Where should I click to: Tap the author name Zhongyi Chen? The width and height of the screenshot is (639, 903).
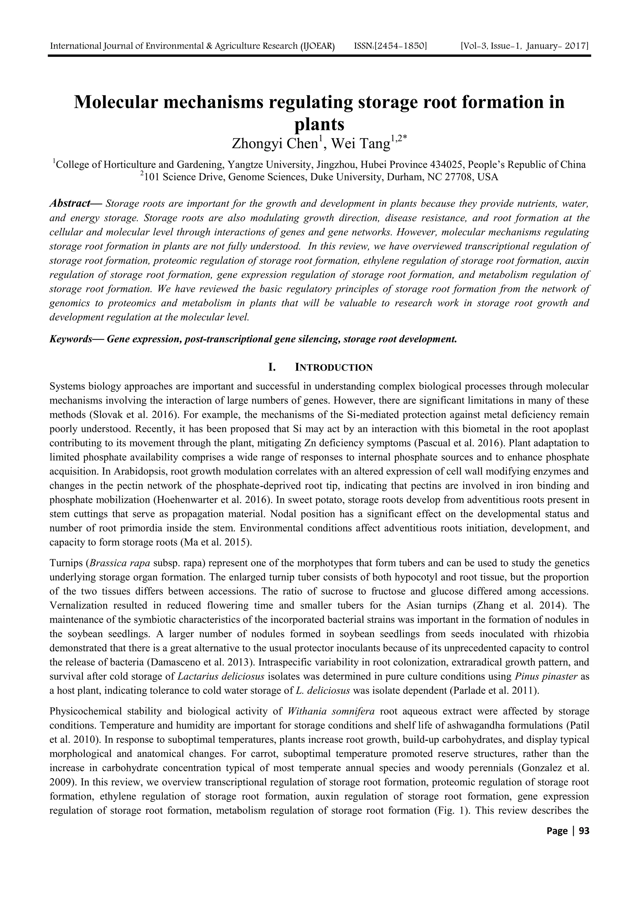[275, 144]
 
